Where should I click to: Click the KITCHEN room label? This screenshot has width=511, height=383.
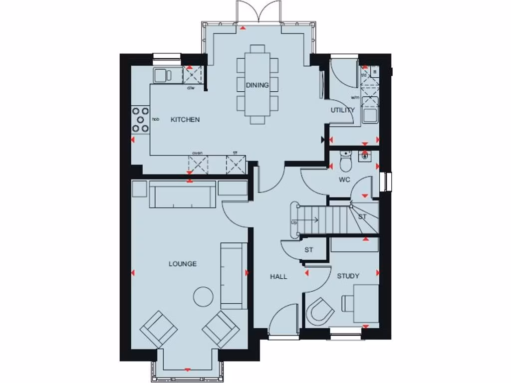[185, 120]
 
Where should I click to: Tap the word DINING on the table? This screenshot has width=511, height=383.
[257, 85]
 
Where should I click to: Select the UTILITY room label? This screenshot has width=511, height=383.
[342, 110]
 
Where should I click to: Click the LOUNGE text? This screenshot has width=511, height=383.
[182, 264]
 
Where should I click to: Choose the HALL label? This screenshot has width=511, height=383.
[278, 276]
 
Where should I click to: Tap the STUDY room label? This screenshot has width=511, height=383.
[348, 276]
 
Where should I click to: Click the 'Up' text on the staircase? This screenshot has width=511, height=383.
[294, 222]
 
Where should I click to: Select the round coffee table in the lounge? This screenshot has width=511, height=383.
[203, 297]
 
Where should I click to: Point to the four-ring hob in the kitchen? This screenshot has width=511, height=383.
[141, 120]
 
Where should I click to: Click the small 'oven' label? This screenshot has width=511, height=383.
[197, 153]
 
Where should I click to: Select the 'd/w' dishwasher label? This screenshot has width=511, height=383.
[191, 88]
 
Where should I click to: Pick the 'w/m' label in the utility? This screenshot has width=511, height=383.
[355, 98]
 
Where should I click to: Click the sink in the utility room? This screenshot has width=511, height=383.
[370, 115]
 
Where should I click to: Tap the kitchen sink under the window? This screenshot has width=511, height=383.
[162, 75]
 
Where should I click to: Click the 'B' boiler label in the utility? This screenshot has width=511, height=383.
[374, 71]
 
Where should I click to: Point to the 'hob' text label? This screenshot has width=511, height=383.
[155, 120]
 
